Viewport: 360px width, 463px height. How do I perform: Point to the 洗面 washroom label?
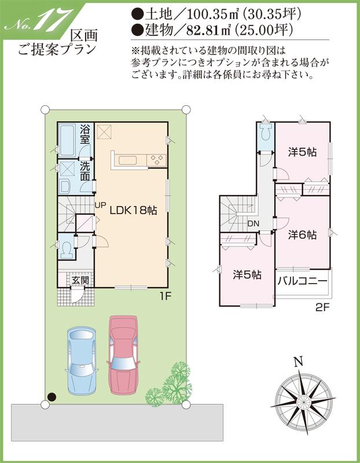(x=85, y=170)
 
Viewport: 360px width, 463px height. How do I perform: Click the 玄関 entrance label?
(x=80, y=281)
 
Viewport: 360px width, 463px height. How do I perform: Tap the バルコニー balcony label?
(x=302, y=282)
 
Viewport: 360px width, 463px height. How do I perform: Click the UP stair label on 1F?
(x=100, y=205)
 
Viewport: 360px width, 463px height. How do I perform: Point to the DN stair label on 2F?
(x=254, y=224)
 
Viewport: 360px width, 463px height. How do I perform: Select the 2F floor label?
(x=322, y=308)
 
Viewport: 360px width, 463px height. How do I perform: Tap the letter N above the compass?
(x=298, y=363)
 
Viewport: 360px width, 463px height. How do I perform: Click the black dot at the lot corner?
(x=52, y=396)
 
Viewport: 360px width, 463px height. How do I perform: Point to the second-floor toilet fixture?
(x=266, y=134)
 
